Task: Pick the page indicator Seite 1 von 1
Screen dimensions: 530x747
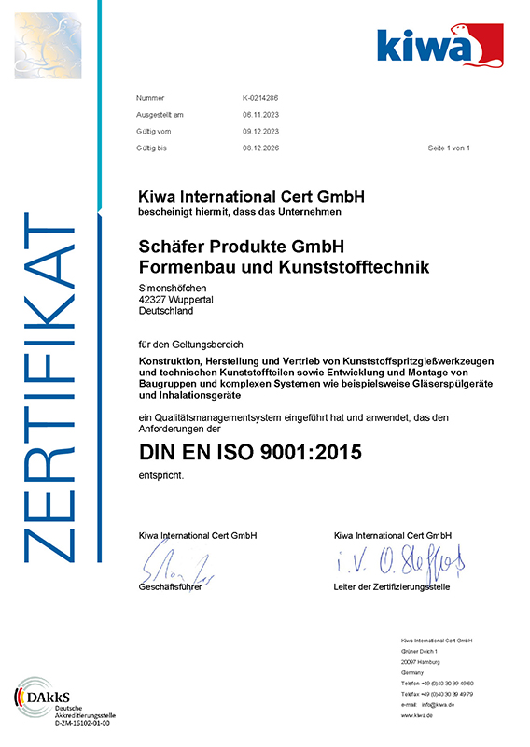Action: pos(449,148)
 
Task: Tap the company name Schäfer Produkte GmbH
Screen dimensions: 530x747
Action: pos(242,248)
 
